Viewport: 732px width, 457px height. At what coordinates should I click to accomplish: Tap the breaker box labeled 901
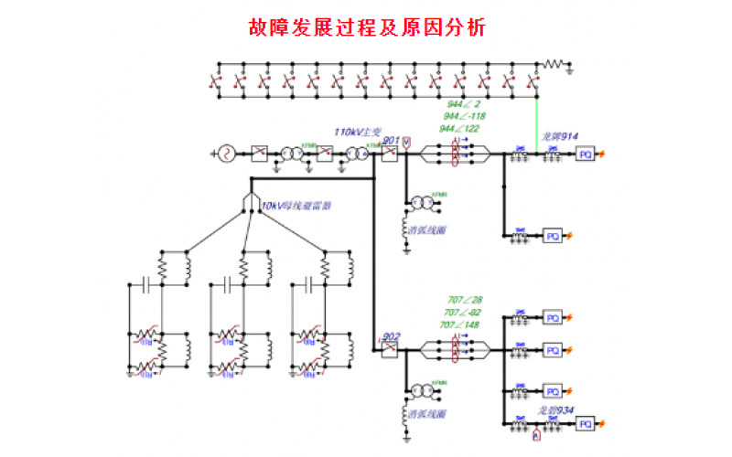390,154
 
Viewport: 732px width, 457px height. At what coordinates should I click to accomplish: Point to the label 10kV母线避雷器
296,207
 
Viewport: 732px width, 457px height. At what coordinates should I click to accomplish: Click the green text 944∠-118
465,117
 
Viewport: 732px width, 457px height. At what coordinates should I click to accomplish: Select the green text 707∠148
460,325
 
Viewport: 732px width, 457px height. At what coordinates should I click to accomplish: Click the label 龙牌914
559,137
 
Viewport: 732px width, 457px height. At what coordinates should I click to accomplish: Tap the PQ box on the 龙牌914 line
586,155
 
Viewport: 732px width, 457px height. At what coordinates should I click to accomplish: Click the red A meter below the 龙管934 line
537,438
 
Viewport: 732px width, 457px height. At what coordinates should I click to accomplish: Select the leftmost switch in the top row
219,82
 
